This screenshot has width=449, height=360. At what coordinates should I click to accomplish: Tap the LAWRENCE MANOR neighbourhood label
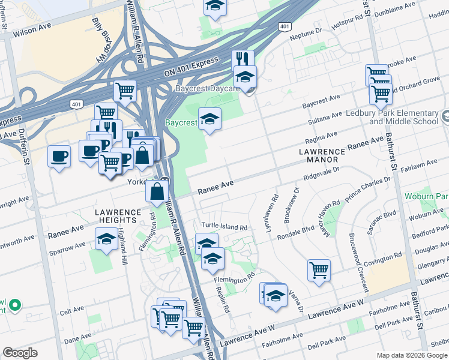pyautogui.click(x=322, y=157)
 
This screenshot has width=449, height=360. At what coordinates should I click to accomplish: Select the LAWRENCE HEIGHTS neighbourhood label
pyautogui.click(x=118, y=217)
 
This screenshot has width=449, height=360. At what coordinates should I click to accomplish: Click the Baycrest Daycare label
pyautogui.click(x=207, y=89)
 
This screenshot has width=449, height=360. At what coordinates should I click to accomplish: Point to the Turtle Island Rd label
pyautogui.click(x=224, y=227)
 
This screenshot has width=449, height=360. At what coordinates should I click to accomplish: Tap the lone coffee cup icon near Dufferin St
pyautogui.click(x=59, y=157)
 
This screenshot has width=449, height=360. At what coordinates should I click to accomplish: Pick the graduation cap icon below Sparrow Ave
pyautogui.click(x=106, y=240)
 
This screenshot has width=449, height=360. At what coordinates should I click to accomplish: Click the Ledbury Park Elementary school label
pyautogui.click(x=403, y=117)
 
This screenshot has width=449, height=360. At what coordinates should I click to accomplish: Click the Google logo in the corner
pyautogui.click(x=20, y=353)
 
